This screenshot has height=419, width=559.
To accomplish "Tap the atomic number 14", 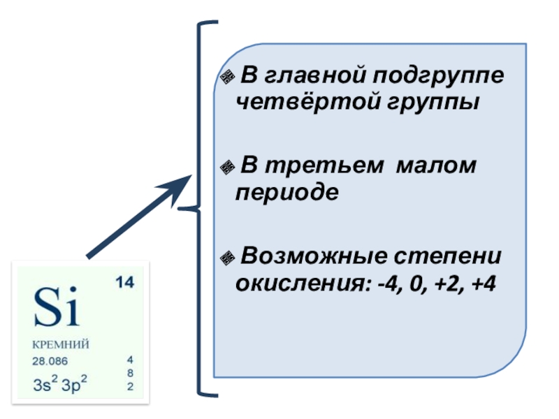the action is click(124, 283).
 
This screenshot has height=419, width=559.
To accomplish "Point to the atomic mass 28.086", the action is click(51, 361).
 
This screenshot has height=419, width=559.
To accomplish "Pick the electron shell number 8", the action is click(130, 373).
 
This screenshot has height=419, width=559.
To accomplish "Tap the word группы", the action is click(430, 103).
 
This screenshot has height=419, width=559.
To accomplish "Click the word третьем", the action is click(322, 166).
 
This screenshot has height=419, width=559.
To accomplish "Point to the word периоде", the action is click(287, 192).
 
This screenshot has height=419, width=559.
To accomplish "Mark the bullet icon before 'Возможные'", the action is click(226, 258).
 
